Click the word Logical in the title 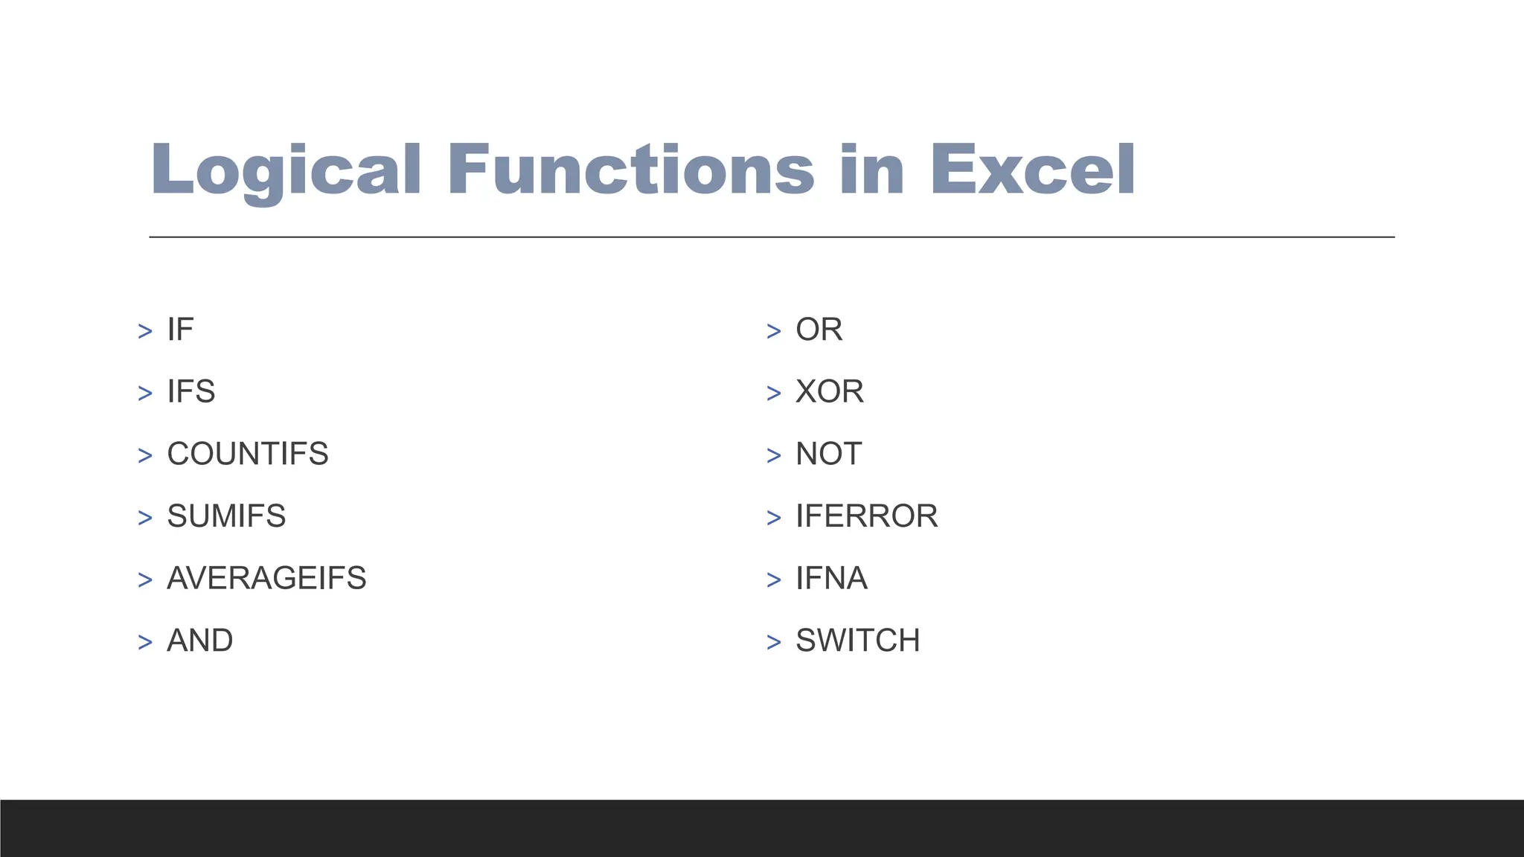(x=286, y=170)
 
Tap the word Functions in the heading (x=631, y=170)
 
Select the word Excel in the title (x=1033, y=170)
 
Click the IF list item (x=180, y=330)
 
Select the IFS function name (x=191, y=392)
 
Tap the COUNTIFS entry (x=248, y=454)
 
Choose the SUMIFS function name (x=226, y=516)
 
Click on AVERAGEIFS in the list (x=266, y=579)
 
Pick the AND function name (x=200, y=641)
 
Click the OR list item (x=819, y=330)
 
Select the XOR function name (x=830, y=392)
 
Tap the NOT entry (x=829, y=454)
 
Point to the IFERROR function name (x=867, y=516)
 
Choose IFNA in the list (x=831, y=579)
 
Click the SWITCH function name (x=858, y=641)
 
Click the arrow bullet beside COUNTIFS (x=145, y=455)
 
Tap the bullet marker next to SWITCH (x=774, y=642)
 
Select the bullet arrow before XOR (x=774, y=394)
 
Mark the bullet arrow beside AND (x=145, y=642)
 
